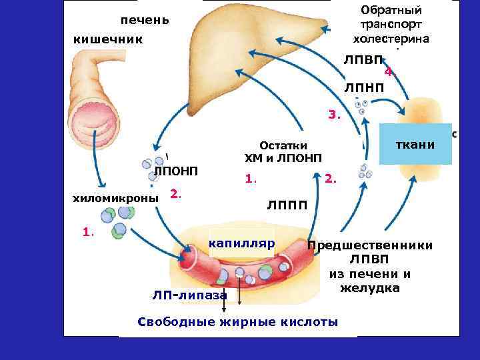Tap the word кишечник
point(108,40)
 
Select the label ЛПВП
point(364,61)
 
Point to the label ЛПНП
point(364,88)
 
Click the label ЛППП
point(287,205)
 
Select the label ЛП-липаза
point(189,295)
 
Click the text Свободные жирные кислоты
point(237,322)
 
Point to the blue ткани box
point(415,144)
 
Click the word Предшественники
point(370,245)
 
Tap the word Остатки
point(283,145)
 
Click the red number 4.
point(389,72)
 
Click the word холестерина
point(391,38)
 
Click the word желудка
point(369,288)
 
